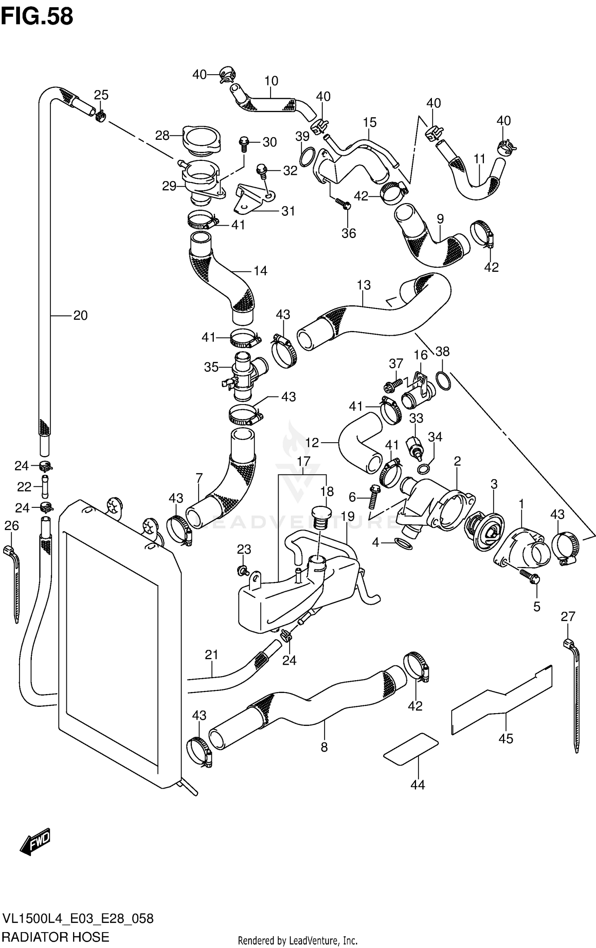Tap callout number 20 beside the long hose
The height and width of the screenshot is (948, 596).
pyautogui.click(x=80, y=315)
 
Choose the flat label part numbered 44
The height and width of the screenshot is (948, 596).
pyautogui.click(x=411, y=749)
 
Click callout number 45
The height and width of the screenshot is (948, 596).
pyautogui.click(x=506, y=739)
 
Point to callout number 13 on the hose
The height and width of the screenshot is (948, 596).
pyautogui.click(x=364, y=285)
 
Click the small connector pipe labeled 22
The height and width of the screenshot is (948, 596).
pyautogui.click(x=45, y=486)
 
